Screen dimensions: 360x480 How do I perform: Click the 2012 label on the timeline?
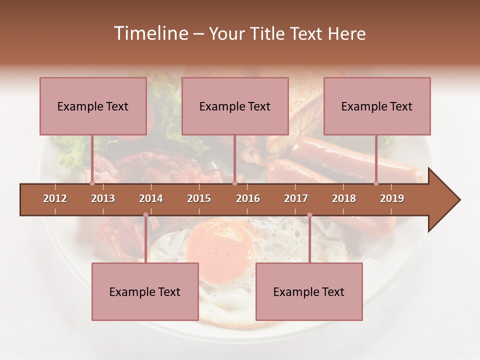[x=55, y=198]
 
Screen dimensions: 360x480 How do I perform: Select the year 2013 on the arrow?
[x=103, y=198]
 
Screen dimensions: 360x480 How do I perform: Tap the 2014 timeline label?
[x=151, y=198]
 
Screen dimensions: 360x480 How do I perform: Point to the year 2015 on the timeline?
[x=199, y=198]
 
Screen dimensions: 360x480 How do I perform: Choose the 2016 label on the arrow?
[x=248, y=198]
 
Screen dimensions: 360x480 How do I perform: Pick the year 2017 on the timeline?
[x=296, y=198]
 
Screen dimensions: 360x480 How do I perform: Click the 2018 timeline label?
[x=344, y=198]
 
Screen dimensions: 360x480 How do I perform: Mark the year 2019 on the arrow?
[x=392, y=198]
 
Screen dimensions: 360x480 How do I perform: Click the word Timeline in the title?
[x=149, y=33]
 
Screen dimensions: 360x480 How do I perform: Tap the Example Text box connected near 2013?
[x=93, y=106]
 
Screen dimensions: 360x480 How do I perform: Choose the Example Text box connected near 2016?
[x=235, y=106]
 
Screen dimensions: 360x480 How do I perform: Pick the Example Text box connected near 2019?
[x=377, y=106]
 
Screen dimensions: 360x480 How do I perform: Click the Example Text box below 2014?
[x=145, y=291]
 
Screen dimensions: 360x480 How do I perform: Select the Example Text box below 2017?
[x=309, y=291]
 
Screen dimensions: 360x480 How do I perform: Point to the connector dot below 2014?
[x=145, y=215]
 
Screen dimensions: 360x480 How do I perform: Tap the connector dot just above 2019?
[x=376, y=183]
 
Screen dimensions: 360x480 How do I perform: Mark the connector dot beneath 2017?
[x=309, y=215]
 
